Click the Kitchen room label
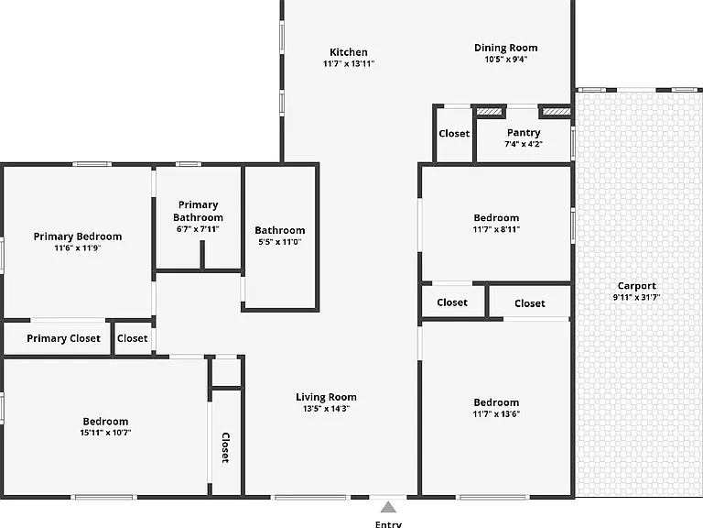pos(349,52)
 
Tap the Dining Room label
pos(505,48)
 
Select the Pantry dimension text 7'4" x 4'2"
pos(524,144)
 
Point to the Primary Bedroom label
pos(78,236)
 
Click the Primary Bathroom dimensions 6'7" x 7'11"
pos(198,229)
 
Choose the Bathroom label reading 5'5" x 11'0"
pos(280,242)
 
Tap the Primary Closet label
pos(64,338)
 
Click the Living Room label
pos(326,397)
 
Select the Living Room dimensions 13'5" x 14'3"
pos(326,409)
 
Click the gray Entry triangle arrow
pos(388,508)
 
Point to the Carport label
pos(637,286)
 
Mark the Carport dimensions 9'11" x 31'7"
pos(637,297)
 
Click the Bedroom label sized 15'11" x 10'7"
pos(105,422)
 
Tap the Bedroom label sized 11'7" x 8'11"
pos(496,218)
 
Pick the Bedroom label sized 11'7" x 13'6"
pos(496,402)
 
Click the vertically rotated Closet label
pos(225,447)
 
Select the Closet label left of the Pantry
pos(454,133)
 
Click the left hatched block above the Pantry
pos(489,111)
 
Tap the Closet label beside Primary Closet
pos(132,338)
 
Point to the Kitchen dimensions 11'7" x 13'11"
pos(349,64)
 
